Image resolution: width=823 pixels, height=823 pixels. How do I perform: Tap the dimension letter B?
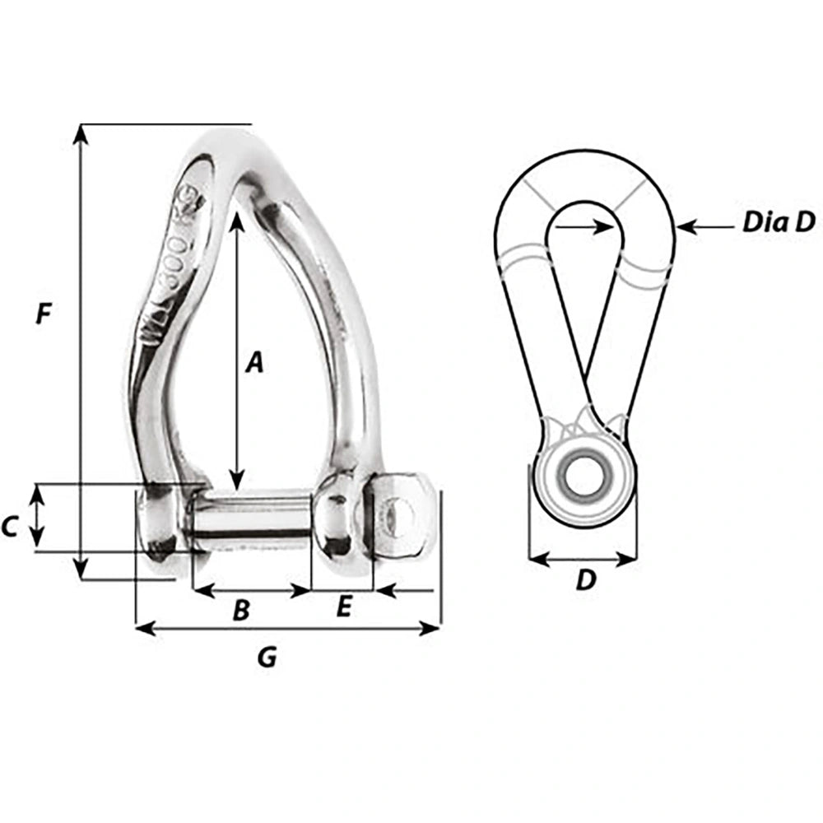[x=241, y=610]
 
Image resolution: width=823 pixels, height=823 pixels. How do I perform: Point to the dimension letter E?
[x=344, y=607]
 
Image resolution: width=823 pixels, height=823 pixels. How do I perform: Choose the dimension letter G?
[x=267, y=656]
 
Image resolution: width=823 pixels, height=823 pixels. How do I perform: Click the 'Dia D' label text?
[x=778, y=222]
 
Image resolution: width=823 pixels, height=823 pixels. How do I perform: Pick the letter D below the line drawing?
[x=584, y=580]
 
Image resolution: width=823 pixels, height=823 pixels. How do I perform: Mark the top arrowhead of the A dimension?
[x=237, y=216]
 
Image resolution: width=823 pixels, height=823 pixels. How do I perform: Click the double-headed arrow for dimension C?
[x=36, y=517]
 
